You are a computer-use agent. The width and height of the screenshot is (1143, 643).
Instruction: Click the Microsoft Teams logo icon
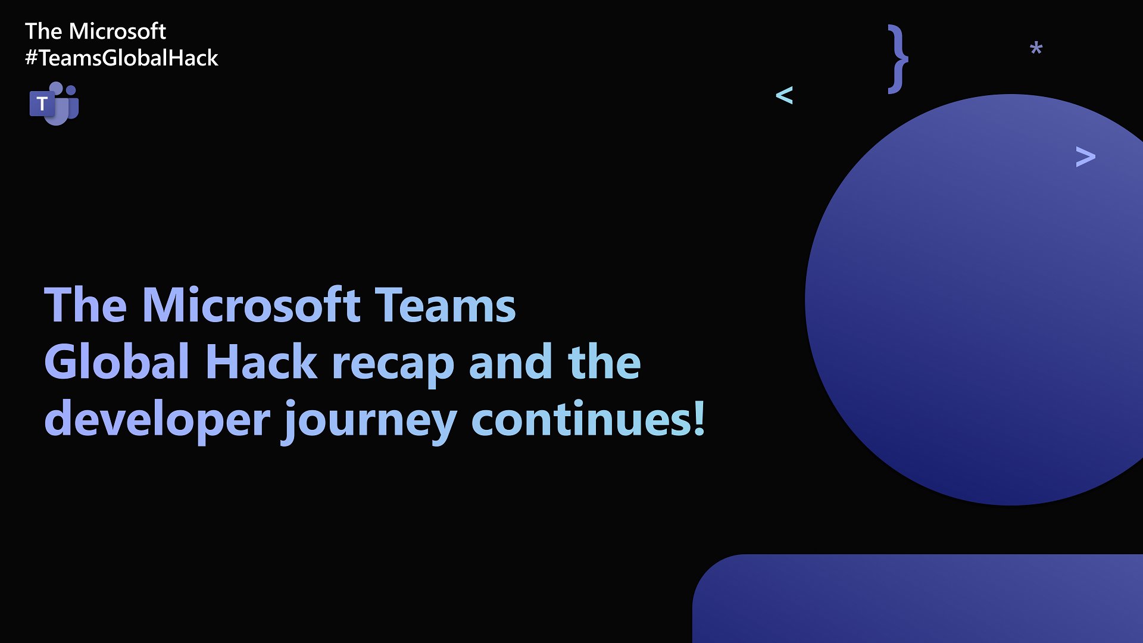54,104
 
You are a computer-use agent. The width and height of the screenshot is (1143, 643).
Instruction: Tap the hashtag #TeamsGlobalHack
121,58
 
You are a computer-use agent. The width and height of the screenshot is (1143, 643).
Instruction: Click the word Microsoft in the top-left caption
117,31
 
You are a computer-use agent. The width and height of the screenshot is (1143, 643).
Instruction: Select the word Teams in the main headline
445,305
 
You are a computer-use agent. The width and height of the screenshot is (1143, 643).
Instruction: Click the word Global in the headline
117,362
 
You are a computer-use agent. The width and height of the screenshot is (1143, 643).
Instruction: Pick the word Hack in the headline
261,362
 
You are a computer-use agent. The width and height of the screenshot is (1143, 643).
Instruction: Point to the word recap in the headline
393,364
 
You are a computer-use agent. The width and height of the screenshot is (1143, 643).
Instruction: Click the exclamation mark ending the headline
699,418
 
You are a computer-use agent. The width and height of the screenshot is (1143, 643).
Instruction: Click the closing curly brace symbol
898,58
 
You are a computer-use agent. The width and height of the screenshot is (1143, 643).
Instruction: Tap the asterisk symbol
1036,49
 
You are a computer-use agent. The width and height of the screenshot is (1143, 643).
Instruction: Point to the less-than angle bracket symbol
784,95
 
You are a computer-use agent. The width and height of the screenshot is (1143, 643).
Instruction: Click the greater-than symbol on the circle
1085,157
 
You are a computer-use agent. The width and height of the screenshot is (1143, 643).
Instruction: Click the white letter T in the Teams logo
42,104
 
